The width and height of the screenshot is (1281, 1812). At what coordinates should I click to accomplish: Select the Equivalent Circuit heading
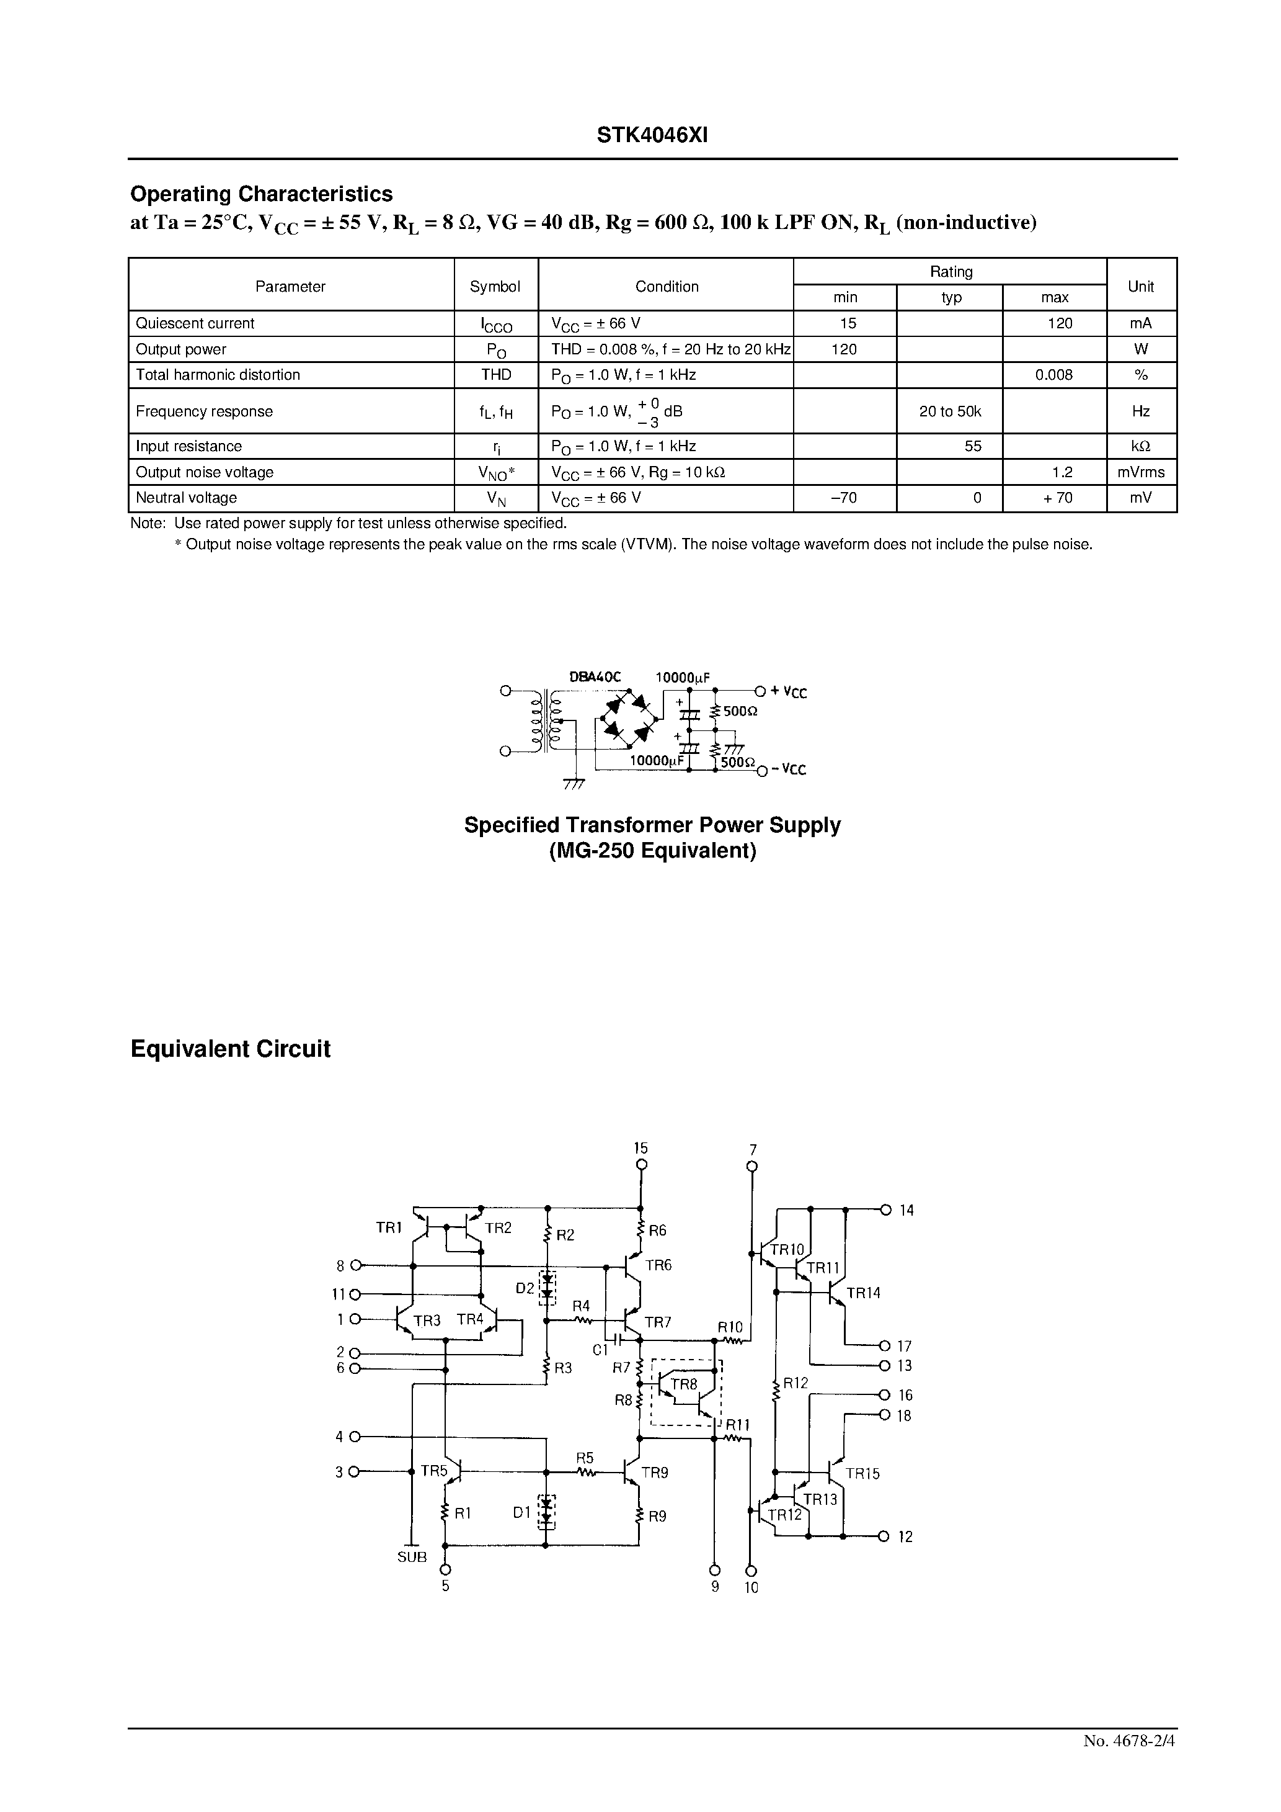[230, 1049]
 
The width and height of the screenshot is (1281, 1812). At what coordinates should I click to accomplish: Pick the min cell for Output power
[844, 349]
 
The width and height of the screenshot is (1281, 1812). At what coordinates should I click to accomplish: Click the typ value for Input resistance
[973, 447]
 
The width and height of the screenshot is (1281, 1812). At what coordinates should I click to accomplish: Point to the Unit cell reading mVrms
[1141, 473]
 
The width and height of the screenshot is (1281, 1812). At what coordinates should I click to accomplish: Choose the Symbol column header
[495, 287]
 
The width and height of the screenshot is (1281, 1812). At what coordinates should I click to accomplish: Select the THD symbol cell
[496, 375]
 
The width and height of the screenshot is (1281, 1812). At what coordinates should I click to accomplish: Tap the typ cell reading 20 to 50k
[950, 411]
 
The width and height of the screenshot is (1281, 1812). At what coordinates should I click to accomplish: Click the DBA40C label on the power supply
[595, 677]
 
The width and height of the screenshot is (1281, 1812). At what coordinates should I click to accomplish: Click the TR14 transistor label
[863, 1293]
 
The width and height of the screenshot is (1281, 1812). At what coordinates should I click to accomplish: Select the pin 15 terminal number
[641, 1149]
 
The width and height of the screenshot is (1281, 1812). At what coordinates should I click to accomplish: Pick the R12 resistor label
[795, 1383]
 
